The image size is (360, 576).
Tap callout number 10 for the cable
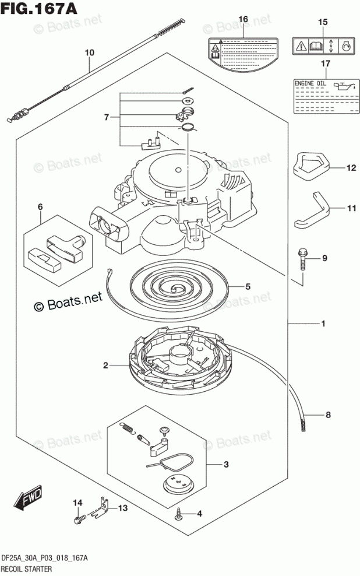pos(89,53)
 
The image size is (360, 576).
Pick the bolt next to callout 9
pos(302,258)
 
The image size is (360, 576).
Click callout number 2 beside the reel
pos(106,366)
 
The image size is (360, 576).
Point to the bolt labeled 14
pos(79,517)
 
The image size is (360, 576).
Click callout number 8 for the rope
pos(328,415)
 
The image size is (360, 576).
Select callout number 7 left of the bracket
pos(106,117)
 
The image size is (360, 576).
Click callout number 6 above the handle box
pos(40,206)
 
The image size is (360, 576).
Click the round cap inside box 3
pos(175,483)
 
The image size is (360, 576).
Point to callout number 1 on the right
pos(323,324)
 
